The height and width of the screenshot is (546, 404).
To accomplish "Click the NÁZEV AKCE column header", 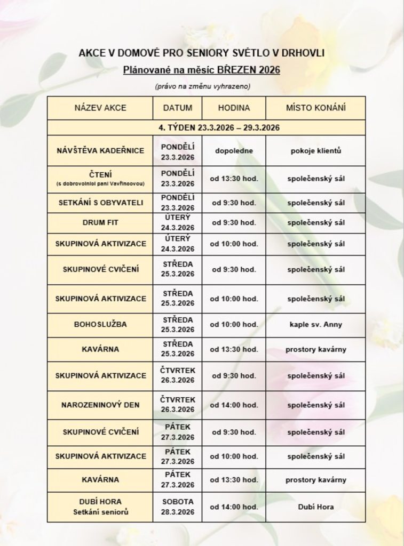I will [100, 108].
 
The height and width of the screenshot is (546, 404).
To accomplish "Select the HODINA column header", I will [234, 108].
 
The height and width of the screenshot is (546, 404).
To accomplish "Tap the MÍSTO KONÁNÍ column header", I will [315, 108].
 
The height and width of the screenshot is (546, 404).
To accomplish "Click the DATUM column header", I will [178, 108].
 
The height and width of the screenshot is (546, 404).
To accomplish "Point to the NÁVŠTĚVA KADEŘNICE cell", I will [100, 150].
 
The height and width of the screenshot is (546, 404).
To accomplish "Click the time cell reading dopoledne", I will [234, 150].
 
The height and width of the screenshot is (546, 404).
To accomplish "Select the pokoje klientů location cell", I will [315, 150].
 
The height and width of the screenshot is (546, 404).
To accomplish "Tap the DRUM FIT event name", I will [100, 223].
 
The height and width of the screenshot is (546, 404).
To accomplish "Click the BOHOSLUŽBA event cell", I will [100, 324].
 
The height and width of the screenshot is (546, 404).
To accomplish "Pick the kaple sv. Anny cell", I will [315, 324].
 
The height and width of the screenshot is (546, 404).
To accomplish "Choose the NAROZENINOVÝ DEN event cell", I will [100, 405].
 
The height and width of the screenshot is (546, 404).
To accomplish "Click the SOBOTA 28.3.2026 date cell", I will [178, 507].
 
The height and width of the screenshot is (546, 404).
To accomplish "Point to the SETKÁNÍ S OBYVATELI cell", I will [100, 203].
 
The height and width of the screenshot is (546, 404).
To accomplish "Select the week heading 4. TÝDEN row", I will [205, 128].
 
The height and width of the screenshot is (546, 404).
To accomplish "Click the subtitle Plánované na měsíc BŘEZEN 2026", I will [202, 69].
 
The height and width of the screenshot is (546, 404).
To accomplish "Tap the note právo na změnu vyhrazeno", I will [202, 86].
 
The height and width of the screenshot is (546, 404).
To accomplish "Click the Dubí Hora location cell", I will [315, 507].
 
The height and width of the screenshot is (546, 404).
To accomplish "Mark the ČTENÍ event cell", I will [100, 178].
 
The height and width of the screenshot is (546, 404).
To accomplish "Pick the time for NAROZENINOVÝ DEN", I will [234, 405].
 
